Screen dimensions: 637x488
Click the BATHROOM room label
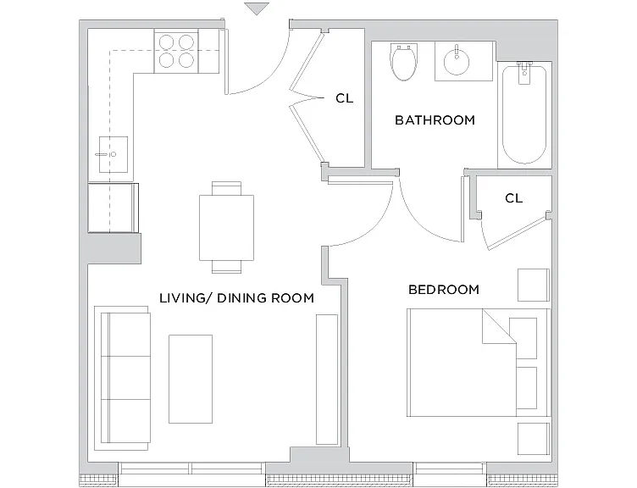pos(435,120)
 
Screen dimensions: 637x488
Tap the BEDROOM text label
pos(444,290)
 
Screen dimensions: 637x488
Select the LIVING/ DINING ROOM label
pos(236,298)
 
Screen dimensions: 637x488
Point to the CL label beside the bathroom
pos(345,98)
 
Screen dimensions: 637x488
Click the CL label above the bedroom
pos(513,198)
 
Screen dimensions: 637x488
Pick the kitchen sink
pos(114,154)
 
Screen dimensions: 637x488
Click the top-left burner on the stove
pos(167,42)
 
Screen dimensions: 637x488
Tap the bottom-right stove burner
pos(186,60)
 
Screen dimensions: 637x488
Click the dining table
pos(226,228)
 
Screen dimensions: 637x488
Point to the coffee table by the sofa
pos(191,379)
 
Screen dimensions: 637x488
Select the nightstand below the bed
pos(534,439)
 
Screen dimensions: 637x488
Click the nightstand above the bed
pos(534,285)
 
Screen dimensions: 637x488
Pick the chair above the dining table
pos(226,189)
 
